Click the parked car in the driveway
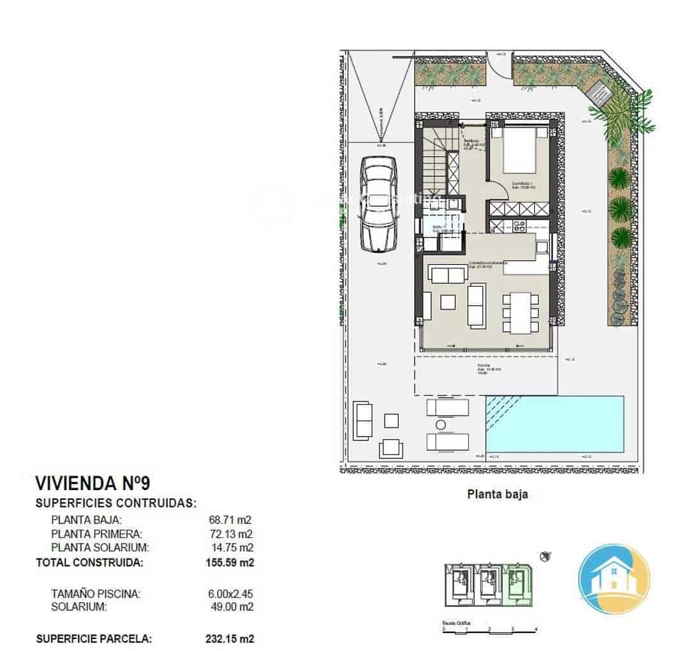pos(378,204)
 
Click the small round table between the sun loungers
pos(440,424)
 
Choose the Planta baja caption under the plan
pos(498,494)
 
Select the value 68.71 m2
pos(231,520)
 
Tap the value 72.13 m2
pos(231,534)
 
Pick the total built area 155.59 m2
pos(227,562)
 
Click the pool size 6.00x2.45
pos(231,594)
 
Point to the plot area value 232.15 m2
pos(227,638)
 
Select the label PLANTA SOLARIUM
pos(100,548)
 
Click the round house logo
pos(613,579)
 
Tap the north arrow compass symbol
pos(545,556)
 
